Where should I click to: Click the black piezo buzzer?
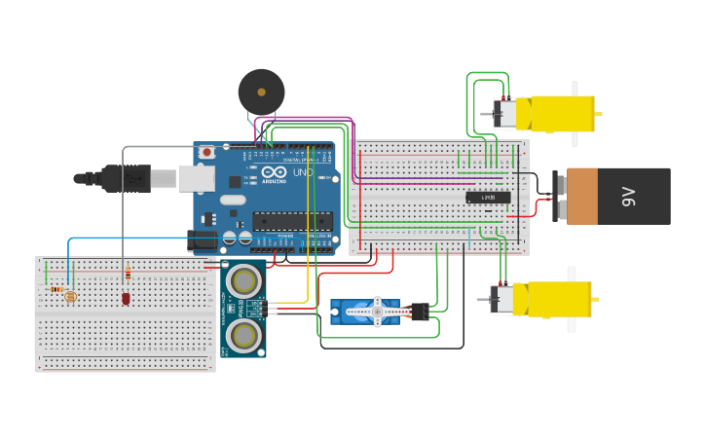(x=261, y=92)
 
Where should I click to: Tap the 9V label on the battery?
(x=628, y=196)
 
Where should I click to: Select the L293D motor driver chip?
(x=487, y=198)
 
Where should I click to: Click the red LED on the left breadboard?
(x=126, y=298)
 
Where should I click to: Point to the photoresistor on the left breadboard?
(x=69, y=295)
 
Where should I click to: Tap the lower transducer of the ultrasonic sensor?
(x=242, y=335)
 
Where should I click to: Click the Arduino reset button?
(x=206, y=153)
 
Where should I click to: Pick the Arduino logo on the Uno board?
(x=274, y=174)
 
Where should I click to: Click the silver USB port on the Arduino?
(x=196, y=177)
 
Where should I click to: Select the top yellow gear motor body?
(x=561, y=114)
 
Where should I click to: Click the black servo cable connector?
(x=420, y=312)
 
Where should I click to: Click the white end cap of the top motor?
(x=507, y=114)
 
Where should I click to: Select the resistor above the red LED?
(x=127, y=274)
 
